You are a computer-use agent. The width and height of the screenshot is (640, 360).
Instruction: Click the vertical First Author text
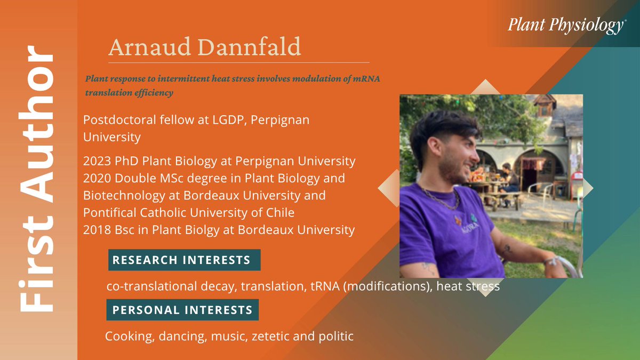point(37,180)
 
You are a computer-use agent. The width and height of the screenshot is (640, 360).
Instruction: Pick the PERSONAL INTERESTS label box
point(182,310)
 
